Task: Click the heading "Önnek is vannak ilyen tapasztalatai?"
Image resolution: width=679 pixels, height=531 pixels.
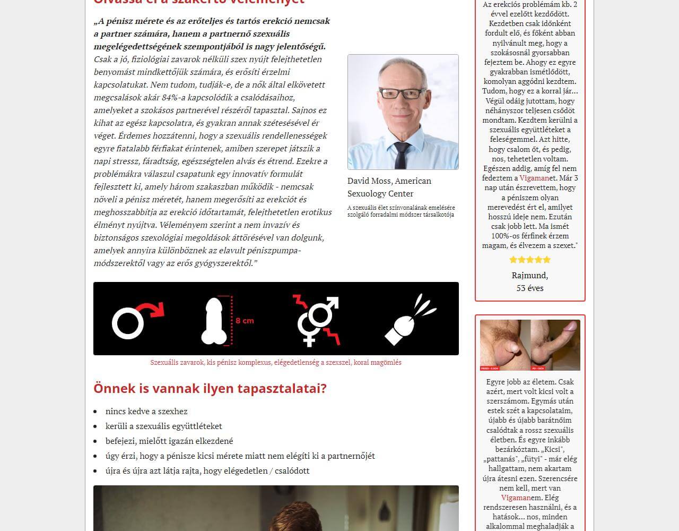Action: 210,388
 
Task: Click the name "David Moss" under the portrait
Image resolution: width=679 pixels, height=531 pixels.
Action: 369,181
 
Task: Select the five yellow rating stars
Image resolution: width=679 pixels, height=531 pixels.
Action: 530,260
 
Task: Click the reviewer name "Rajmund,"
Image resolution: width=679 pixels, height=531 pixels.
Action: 530,275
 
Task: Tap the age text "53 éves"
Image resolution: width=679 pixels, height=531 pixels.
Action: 530,288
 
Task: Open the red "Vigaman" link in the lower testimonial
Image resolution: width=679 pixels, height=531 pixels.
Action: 516,498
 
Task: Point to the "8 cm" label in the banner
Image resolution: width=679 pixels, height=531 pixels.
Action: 245,321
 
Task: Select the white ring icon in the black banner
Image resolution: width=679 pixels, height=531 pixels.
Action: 127,323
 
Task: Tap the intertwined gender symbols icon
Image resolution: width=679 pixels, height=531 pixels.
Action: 317,320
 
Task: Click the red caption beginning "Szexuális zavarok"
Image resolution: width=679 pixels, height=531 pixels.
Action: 276,363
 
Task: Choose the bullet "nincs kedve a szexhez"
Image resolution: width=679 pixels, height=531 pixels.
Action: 146,411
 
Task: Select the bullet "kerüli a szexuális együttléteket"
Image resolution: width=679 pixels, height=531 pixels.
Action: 163,426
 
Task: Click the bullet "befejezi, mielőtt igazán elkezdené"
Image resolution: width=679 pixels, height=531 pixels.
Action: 169,441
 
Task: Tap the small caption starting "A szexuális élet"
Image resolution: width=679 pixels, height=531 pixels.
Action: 401,211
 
